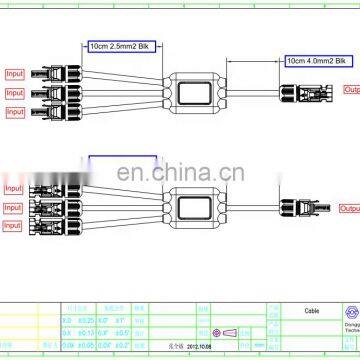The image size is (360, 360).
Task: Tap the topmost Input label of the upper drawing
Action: point(15,73)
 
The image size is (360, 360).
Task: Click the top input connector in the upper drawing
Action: point(52,73)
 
